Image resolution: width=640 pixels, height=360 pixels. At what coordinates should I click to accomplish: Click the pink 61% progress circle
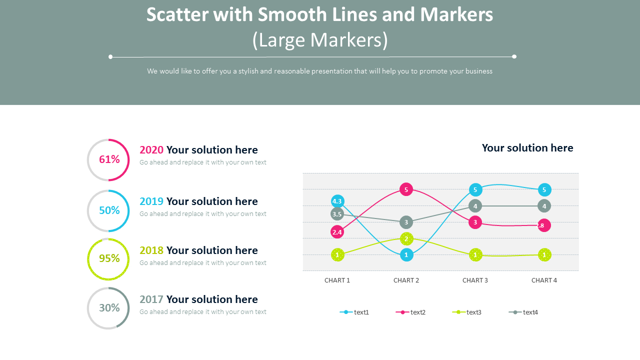(x=108, y=160)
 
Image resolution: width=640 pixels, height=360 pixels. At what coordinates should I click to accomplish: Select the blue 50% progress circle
(x=108, y=211)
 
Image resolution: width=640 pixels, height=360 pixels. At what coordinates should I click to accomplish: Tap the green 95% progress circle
(x=108, y=259)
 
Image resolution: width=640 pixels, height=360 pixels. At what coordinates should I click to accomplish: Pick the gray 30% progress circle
(x=108, y=308)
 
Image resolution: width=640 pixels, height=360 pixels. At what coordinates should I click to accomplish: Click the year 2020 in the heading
(x=151, y=150)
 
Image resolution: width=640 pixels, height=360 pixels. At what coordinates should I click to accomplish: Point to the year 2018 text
(x=151, y=250)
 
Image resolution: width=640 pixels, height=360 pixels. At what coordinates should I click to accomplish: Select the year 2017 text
(x=151, y=299)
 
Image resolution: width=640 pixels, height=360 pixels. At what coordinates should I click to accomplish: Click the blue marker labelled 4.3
(x=337, y=201)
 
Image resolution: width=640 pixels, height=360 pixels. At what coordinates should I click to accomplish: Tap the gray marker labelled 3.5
(x=337, y=214)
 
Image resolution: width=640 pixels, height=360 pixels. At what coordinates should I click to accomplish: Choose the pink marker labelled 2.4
(x=337, y=232)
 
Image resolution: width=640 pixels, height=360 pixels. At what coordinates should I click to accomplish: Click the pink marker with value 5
(x=406, y=189)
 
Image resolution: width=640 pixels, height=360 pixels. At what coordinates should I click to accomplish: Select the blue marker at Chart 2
(x=406, y=255)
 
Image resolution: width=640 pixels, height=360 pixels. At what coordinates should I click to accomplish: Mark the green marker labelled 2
(x=406, y=239)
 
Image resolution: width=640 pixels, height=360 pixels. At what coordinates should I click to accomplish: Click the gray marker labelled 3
(x=406, y=222)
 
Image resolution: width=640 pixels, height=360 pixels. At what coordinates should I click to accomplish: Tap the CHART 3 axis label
(x=475, y=280)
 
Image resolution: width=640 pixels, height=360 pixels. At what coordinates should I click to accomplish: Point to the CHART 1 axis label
(x=337, y=280)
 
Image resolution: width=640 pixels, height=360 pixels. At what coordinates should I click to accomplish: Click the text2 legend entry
(x=411, y=312)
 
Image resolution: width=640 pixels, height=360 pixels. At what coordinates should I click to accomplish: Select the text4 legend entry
(x=524, y=312)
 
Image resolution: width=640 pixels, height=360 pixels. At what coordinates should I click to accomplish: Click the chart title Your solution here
(x=527, y=148)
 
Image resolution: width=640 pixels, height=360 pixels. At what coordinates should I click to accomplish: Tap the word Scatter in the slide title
(x=177, y=15)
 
